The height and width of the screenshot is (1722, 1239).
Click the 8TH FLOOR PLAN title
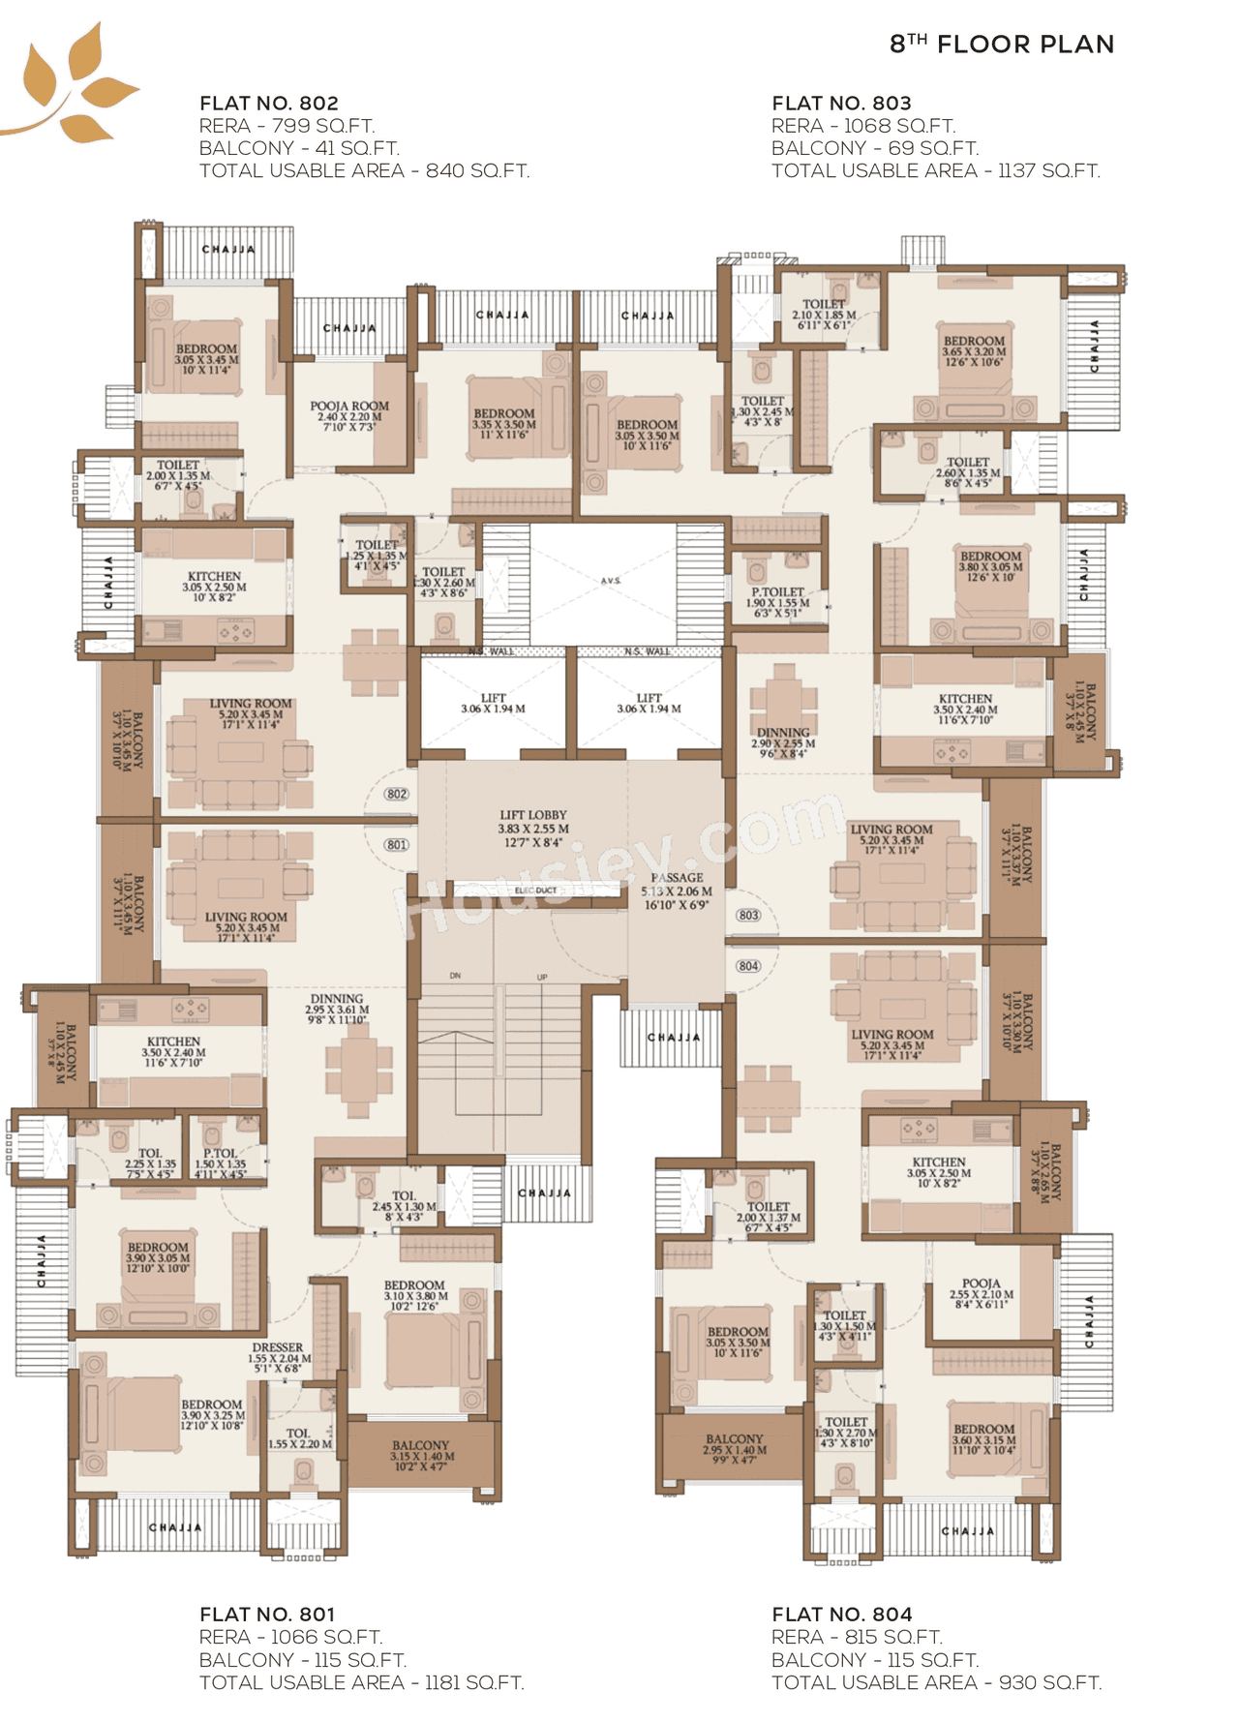pos(1002,45)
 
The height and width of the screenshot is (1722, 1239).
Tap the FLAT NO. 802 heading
pos(269,104)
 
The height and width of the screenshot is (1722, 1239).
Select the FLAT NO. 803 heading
pos(841,104)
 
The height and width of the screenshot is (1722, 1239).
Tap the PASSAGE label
pos(677,878)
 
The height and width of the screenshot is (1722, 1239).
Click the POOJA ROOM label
pos(349,407)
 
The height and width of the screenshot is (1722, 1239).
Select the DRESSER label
pos(278,1347)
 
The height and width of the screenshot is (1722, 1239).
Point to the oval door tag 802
pos(397,795)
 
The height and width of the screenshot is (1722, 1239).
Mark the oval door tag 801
pos(397,845)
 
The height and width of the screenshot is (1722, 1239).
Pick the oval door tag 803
pos(748,915)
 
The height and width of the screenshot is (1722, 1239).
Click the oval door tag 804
pos(748,966)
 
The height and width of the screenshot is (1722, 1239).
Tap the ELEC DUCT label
pos(535,891)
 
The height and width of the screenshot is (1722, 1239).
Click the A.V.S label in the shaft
pos(611,581)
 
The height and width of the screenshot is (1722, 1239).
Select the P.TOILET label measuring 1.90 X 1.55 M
pos(777,592)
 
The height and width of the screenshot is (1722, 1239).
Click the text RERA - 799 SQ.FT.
pos(287,126)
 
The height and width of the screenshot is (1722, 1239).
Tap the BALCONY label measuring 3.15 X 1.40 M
pos(420,1445)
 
